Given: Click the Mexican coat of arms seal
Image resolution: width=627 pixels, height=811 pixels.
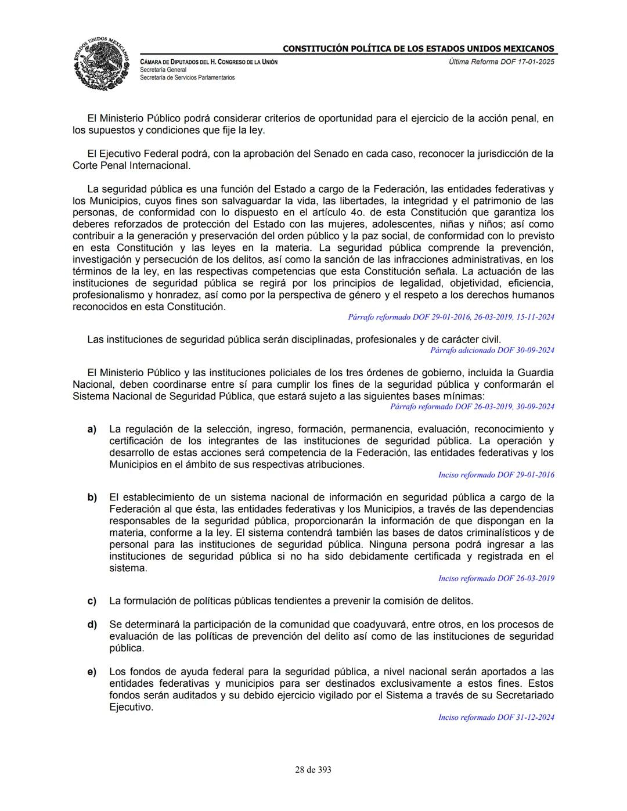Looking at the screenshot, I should (102, 63).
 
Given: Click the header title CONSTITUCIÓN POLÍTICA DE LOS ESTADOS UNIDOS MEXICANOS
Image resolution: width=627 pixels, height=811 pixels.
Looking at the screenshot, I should (418, 49).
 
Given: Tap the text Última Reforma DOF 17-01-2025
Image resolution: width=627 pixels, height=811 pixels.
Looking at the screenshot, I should (502, 62).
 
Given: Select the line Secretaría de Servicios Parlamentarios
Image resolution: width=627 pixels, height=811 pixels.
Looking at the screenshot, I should (187, 77).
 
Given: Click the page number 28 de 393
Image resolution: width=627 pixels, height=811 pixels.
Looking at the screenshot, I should (313, 770).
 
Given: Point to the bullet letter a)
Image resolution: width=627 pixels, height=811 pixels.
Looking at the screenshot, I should (92, 429).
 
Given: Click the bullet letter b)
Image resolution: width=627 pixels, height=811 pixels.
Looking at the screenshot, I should (92, 498).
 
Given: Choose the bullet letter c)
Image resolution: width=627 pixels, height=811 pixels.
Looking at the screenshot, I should (92, 601).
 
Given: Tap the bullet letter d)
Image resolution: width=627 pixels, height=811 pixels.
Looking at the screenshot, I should (92, 625).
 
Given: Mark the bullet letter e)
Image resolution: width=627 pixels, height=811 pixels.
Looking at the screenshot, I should (92, 672).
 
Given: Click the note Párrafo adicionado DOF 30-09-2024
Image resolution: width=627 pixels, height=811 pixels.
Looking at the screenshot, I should (492, 350).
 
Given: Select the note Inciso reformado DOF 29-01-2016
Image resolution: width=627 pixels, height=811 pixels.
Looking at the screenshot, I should (496, 475).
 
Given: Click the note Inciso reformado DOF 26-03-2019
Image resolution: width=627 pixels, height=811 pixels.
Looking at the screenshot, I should (496, 578).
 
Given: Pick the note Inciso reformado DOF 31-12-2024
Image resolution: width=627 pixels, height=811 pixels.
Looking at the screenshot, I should (496, 718).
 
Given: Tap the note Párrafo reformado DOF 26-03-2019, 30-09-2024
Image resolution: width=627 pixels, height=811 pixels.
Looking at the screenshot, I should (472, 406).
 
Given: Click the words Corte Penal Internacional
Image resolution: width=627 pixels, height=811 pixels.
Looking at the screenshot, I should (131, 165).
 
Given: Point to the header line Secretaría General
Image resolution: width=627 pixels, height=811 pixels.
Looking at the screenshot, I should (163, 70).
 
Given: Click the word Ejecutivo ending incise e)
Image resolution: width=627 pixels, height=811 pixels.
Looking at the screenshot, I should (131, 707).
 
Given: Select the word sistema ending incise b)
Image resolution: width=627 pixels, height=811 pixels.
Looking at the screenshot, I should (128, 568).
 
